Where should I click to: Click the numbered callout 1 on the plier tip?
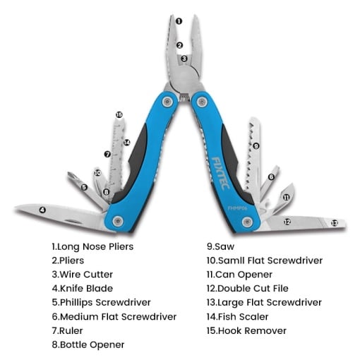click(x=179, y=21)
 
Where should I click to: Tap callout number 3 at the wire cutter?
click(x=184, y=58)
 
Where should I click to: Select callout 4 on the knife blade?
click(x=42, y=210)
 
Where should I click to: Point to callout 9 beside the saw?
click(x=256, y=146)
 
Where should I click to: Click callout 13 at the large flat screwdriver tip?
click(x=335, y=223)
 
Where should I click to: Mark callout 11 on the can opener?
click(x=286, y=197)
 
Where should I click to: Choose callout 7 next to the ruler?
click(x=107, y=155)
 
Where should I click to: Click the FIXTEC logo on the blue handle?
click(x=220, y=173)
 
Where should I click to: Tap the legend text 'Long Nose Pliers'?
click(x=95, y=246)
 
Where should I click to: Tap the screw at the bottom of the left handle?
click(x=118, y=221)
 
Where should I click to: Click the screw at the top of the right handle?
click(x=202, y=102)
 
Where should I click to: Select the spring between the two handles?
click(x=184, y=97)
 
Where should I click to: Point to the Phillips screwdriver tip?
click(x=71, y=175)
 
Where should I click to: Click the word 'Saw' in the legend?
click(x=224, y=246)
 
